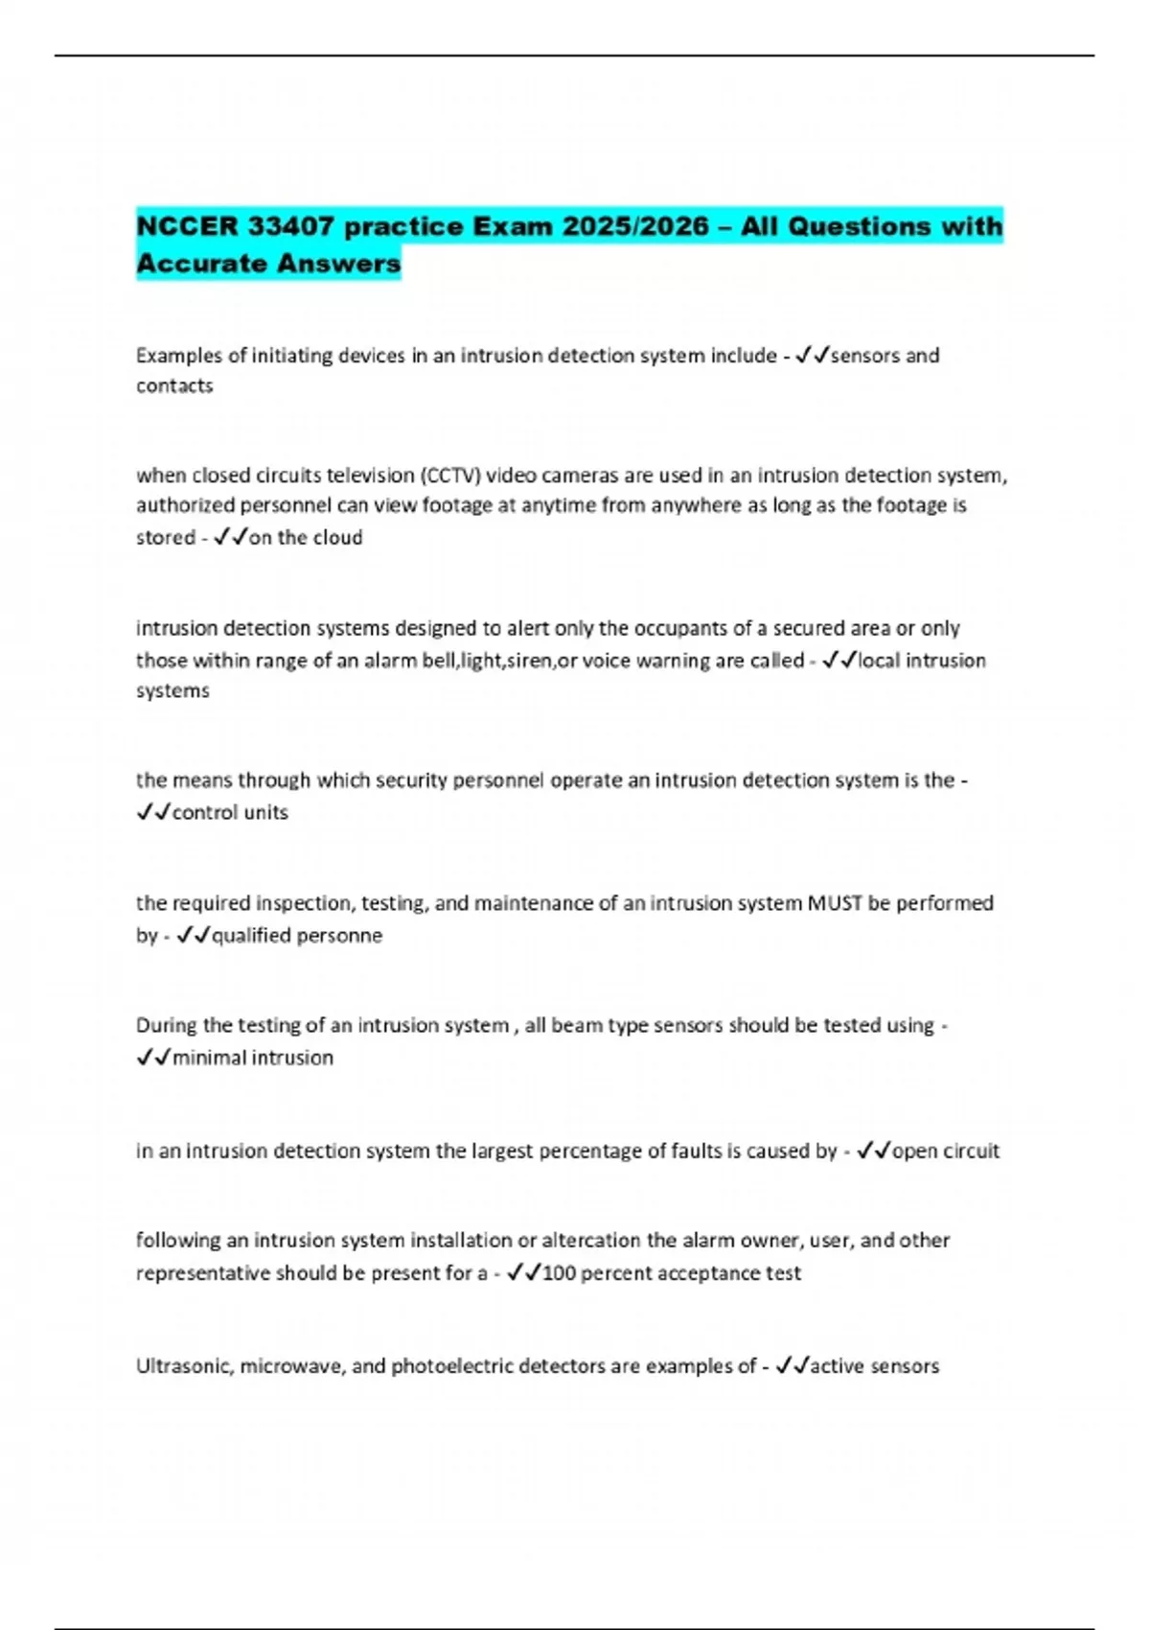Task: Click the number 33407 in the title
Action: pos(290,226)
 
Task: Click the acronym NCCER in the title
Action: pos(187,226)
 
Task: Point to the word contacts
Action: pos(174,385)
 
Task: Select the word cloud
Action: pos(336,538)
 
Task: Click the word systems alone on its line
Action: pos(172,690)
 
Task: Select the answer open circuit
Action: pos(946,1151)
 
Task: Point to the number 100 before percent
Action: pos(559,1273)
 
